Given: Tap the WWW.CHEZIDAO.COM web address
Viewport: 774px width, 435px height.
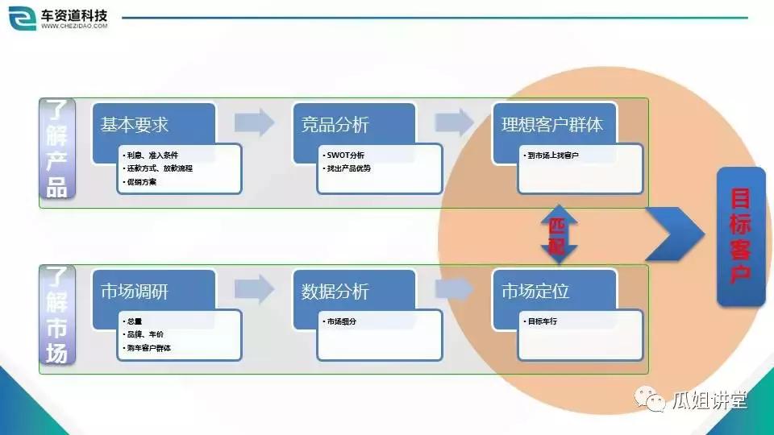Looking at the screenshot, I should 73,27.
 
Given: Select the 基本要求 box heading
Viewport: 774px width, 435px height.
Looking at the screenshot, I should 135,125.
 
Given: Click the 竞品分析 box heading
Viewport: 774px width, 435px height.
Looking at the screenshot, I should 335,125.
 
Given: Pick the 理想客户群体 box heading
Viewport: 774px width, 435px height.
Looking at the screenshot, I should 551,125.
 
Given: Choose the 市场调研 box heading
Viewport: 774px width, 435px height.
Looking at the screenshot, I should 135,291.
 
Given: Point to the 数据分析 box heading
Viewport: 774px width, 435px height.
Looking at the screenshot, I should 335,291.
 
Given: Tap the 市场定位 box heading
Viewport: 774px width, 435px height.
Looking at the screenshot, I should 535,291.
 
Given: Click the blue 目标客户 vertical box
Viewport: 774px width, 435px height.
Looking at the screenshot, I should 740,236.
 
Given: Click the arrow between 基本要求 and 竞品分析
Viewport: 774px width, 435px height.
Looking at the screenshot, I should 254,123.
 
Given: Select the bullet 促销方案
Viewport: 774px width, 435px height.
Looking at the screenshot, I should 141,182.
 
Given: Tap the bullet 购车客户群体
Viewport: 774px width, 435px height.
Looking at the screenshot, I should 148,348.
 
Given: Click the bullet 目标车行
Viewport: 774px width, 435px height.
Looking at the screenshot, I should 542,321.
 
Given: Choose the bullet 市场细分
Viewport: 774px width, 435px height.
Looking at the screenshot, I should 342,321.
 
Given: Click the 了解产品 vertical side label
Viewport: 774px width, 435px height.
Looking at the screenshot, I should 57,149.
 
